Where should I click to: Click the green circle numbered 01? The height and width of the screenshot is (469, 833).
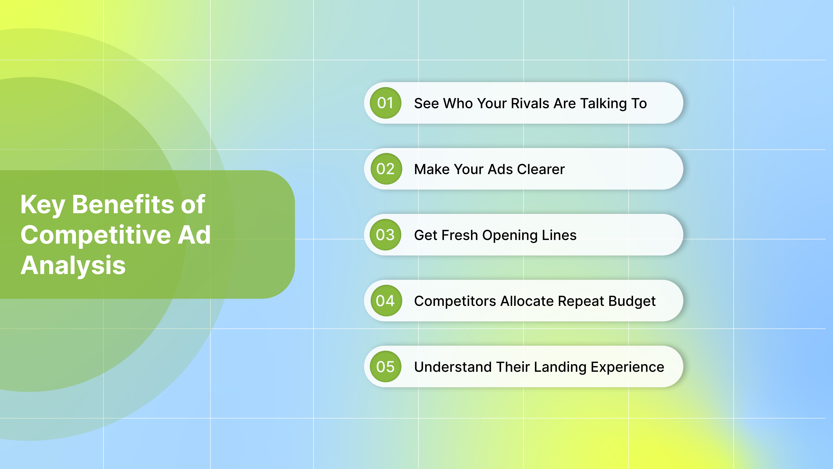pyautogui.click(x=385, y=103)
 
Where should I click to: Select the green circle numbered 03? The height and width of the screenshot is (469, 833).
pyautogui.click(x=385, y=235)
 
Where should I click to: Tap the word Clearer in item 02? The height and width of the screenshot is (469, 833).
pyautogui.click(x=541, y=169)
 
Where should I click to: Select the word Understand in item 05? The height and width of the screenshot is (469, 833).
pyautogui.click(x=453, y=367)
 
